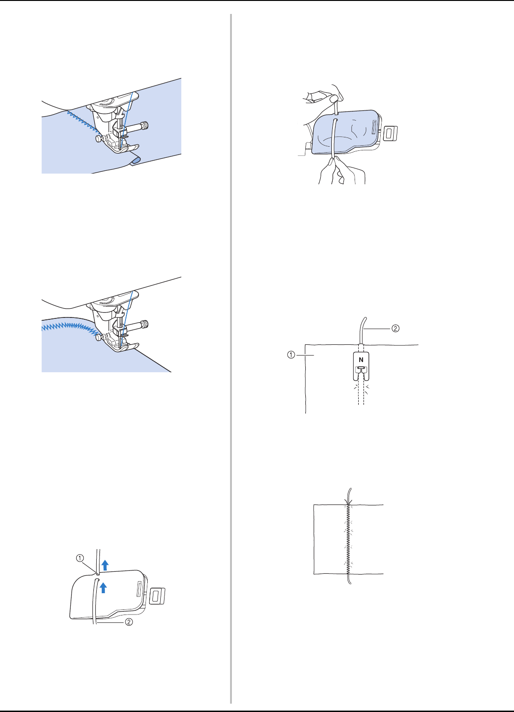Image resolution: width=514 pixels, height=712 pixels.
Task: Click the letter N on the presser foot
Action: point(361,360)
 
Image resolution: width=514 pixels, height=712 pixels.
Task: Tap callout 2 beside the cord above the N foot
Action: point(395,328)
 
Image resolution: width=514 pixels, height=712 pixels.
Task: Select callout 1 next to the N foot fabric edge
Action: point(291,355)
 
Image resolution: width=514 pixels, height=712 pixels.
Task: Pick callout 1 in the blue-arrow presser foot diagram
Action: point(80,558)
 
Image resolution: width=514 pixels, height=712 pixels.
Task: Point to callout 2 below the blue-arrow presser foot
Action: point(129,622)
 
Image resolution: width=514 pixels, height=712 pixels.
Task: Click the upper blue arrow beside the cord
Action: point(105,565)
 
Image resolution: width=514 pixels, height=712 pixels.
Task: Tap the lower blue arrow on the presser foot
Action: point(103,588)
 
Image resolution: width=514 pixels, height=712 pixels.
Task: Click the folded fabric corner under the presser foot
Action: point(135,160)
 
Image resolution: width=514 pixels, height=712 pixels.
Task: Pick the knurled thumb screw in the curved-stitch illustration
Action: point(145,324)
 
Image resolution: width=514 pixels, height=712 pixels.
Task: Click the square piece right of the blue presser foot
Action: point(390,133)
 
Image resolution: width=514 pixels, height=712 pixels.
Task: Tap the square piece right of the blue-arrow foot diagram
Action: point(158,596)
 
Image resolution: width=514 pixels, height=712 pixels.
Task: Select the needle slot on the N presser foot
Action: point(360,368)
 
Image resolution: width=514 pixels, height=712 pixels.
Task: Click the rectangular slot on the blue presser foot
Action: point(374,127)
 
